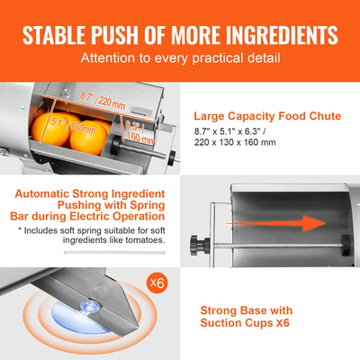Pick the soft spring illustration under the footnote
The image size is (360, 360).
tap(90, 256)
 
